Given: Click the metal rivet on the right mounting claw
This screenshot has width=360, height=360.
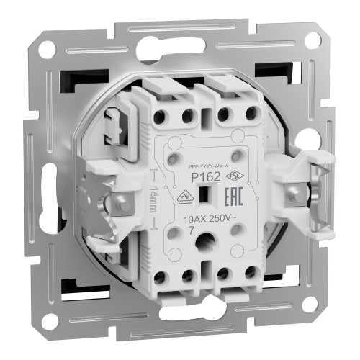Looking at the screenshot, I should [x=293, y=192].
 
